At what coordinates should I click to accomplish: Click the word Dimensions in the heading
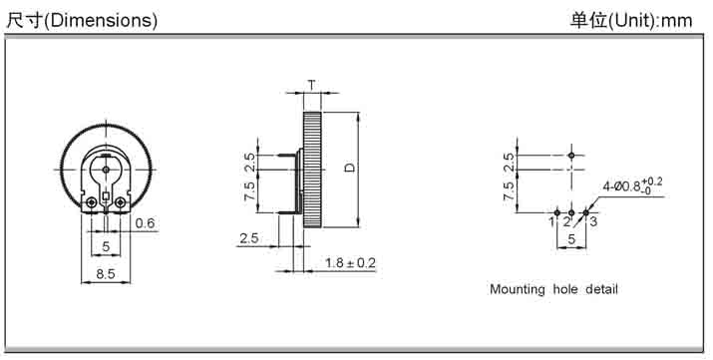pos(102,21)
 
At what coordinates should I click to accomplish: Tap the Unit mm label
pos(631,21)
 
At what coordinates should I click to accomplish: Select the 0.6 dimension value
pos(145,222)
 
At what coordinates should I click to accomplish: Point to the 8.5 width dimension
pos(106,274)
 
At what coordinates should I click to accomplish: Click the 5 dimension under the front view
pos(106,246)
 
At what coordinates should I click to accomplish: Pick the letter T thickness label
pos(312,85)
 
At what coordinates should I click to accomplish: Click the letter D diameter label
pos(349,168)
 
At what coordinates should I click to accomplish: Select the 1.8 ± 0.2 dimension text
pos(351,263)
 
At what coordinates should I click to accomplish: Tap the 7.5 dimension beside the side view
pos(249,190)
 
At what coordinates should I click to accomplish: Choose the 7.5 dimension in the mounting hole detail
pos(510,191)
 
